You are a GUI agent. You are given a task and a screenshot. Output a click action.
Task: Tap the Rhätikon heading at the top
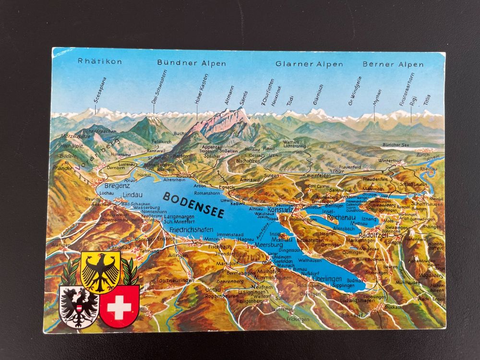(100, 61)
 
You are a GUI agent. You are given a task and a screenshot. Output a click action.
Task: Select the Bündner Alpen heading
(191, 63)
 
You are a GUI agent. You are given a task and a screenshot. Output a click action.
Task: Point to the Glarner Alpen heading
(309, 64)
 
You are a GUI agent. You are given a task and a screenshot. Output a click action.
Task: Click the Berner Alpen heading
(393, 64)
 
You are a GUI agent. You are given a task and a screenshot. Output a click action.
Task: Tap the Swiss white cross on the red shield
(119, 306)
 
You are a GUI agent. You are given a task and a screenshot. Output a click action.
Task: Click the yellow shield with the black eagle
(100, 272)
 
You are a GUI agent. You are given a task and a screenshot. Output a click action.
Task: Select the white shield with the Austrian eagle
(78, 306)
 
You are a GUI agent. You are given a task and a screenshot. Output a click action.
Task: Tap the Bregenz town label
(117, 185)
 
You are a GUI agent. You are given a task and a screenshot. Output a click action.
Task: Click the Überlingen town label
(326, 279)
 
